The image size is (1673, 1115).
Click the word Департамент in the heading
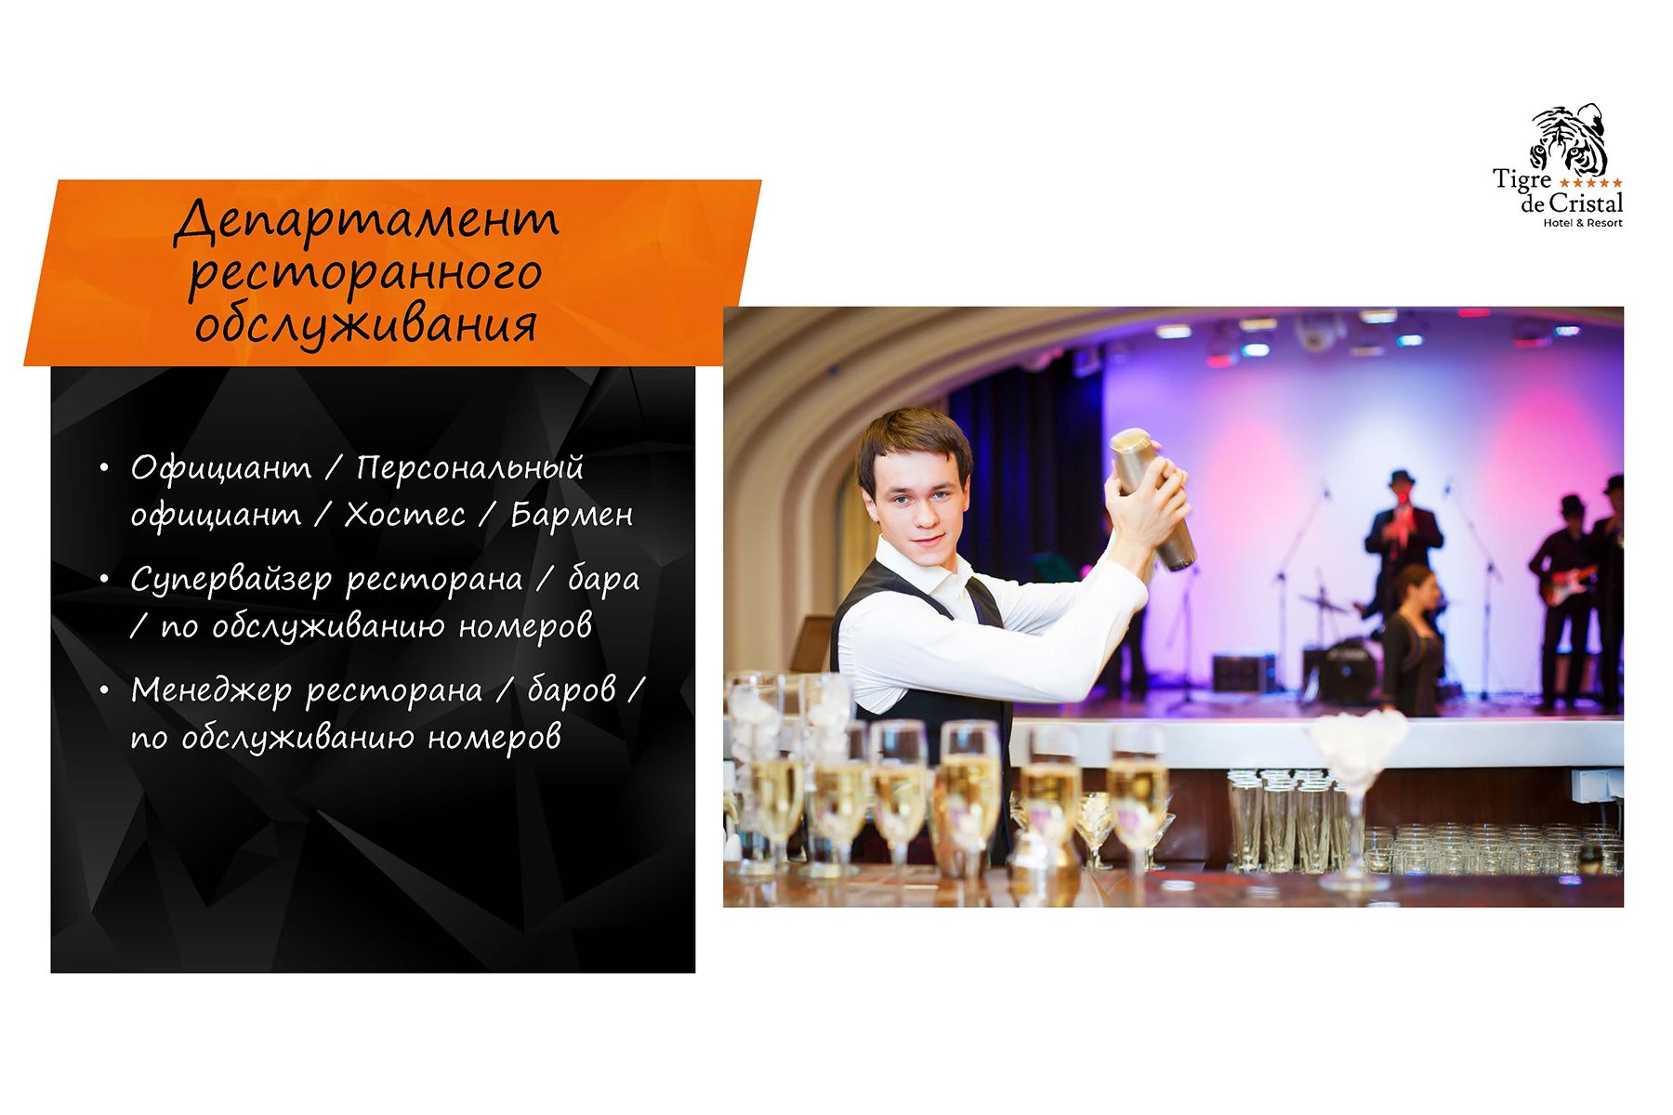pyautogui.click(x=367, y=221)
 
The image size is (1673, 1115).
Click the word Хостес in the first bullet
pyautogui.click(x=404, y=515)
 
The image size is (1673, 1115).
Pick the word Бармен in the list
pyautogui.click(x=572, y=515)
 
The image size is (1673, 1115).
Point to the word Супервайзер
pyautogui.click(x=231, y=580)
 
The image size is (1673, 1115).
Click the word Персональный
pyautogui.click(x=469, y=467)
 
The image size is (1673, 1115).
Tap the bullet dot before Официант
pyautogui.click(x=104, y=467)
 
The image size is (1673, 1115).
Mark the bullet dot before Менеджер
pyautogui.click(x=104, y=690)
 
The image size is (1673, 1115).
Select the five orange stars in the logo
pyautogui.click(x=1590, y=183)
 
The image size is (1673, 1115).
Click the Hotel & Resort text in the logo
pyautogui.click(x=1583, y=223)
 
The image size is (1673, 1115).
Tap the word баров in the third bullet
pyautogui.click(x=572, y=690)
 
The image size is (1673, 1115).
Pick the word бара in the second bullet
pyautogui.click(x=603, y=579)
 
